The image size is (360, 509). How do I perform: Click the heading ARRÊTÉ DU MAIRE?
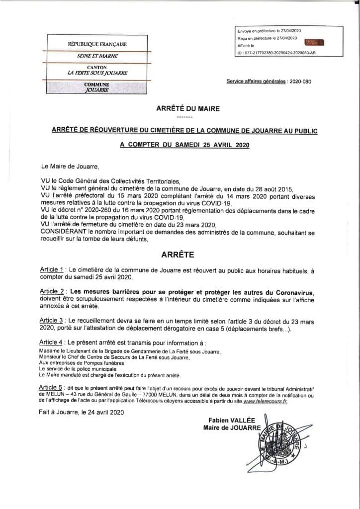tap(184, 108)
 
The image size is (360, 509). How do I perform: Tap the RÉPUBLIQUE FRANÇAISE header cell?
tap(97, 44)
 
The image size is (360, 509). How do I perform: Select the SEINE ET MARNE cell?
tap(97, 56)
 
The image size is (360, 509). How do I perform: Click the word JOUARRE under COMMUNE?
tap(97, 90)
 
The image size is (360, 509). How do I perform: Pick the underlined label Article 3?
tap(52, 320)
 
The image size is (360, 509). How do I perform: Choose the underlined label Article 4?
tap(52, 342)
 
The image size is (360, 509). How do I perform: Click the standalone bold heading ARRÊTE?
tap(178, 254)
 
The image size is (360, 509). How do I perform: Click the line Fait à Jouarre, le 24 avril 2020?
tap(81, 412)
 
